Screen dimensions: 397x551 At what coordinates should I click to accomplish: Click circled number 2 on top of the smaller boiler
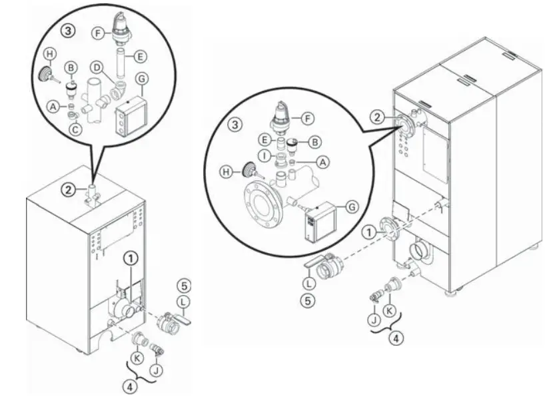[x=69, y=189]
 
